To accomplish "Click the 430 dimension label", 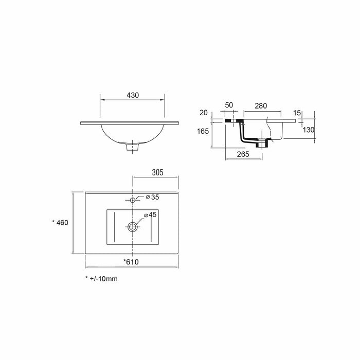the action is [x=133, y=95].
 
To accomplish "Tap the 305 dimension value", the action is [x=157, y=172].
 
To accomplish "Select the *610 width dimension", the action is [x=131, y=262].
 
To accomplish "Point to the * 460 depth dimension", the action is [x=60, y=223].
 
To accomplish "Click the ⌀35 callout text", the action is [x=152, y=197].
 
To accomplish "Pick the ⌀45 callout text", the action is [x=150, y=214].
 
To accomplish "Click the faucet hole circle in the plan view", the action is [x=133, y=200].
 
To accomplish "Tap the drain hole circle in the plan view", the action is [x=133, y=227].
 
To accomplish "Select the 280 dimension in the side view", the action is [x=261, y=106].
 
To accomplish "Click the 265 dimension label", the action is [x=243, y=154].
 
